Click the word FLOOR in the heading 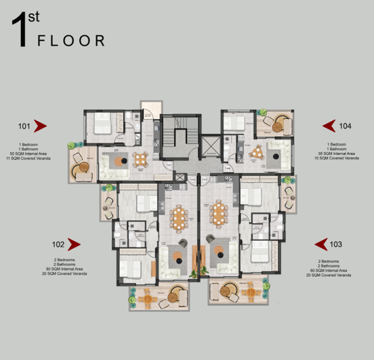(x=71, y=41)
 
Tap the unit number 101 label (x=24, y=126)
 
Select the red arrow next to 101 (x=40, y=126)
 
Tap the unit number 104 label (x=346, y=126)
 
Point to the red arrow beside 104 (x=329, y=126)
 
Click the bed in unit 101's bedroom (x=102, y=125)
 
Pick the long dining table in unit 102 (x=178, y=217)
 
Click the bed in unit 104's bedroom (x=236, y=122)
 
